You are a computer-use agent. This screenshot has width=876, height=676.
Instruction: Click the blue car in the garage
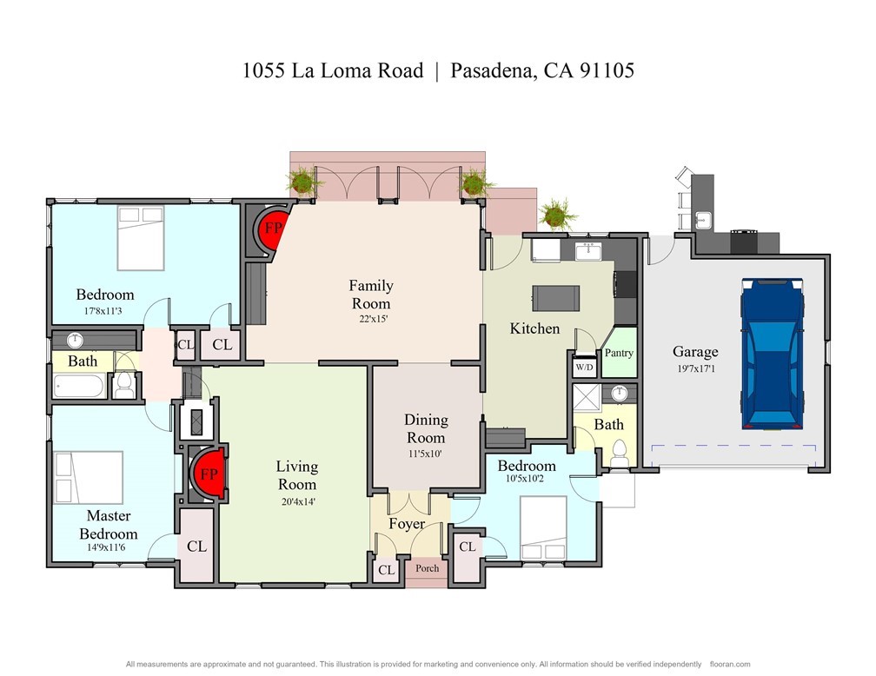[772, 354]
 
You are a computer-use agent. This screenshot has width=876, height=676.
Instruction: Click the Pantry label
[619, 353]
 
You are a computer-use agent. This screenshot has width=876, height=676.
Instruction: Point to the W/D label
[583, 366]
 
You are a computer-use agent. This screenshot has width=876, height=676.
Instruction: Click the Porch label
[427, 568]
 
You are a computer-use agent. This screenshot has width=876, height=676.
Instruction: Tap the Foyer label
[406, 524]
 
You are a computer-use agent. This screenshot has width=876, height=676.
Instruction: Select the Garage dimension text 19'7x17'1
[695, 368]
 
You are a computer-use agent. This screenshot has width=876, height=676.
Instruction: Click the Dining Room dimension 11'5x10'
[426, 453]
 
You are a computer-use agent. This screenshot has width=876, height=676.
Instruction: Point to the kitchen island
[556, 298]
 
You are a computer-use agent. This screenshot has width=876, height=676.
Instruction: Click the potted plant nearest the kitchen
[555, 213]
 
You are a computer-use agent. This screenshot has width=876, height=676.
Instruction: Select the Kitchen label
[534, 328]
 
